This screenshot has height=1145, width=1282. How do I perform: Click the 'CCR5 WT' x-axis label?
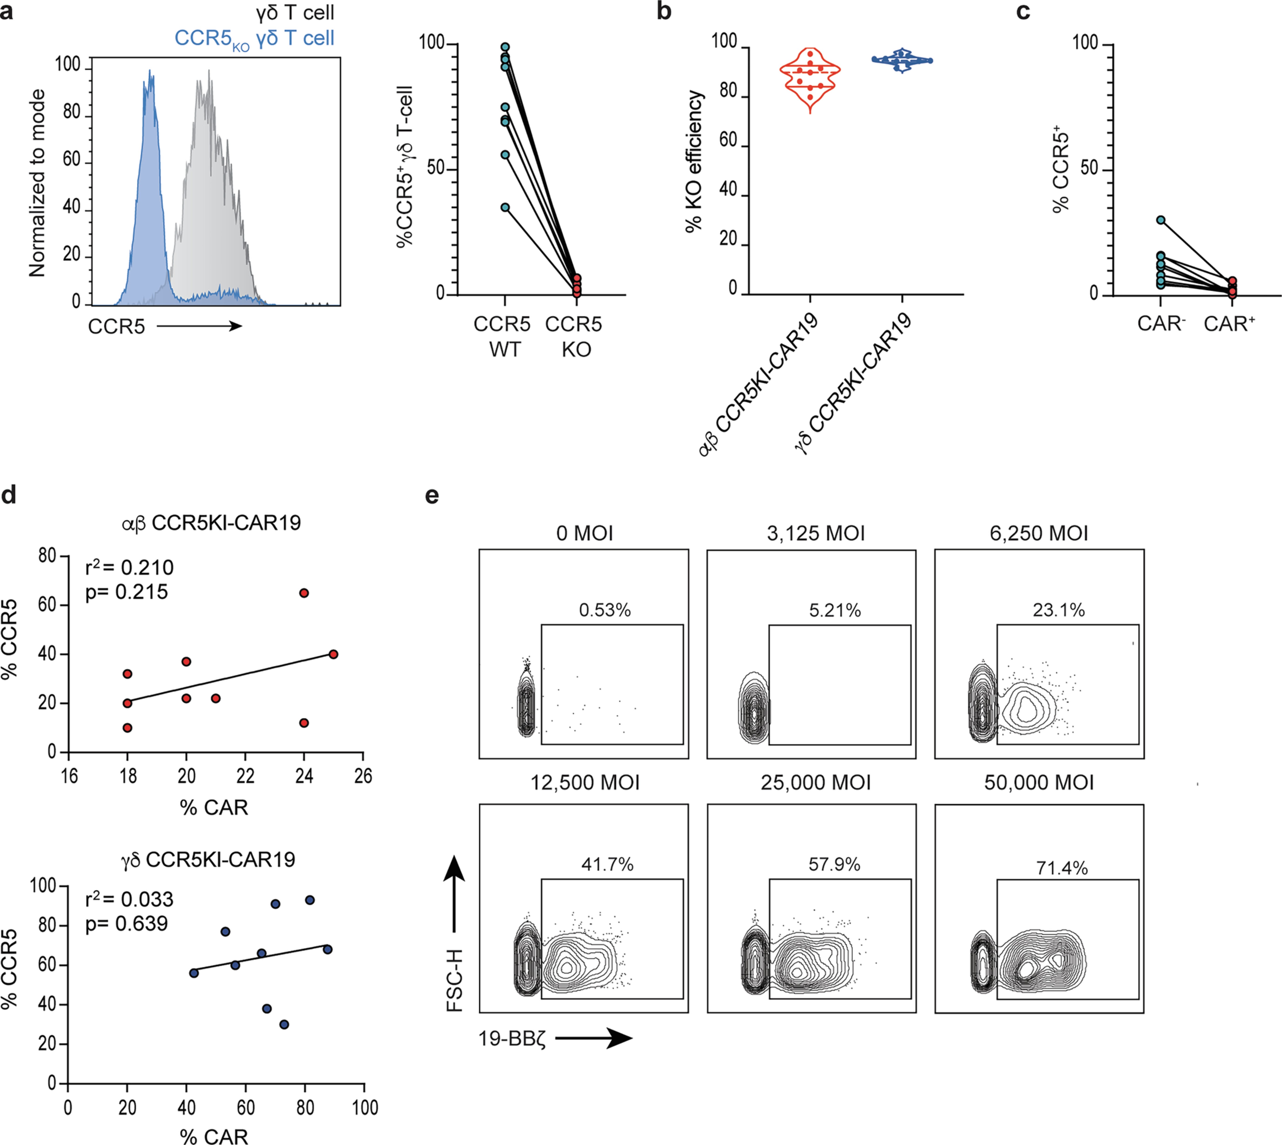(502, 337)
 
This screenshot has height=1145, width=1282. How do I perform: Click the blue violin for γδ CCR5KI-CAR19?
(903, 61)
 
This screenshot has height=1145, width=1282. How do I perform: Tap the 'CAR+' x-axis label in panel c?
(1228, 324)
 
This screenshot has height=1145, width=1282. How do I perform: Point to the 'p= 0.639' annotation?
(126, 923)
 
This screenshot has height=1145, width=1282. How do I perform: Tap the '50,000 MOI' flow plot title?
(1039, 783)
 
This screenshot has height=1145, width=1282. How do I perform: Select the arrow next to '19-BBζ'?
(593, 1039)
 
